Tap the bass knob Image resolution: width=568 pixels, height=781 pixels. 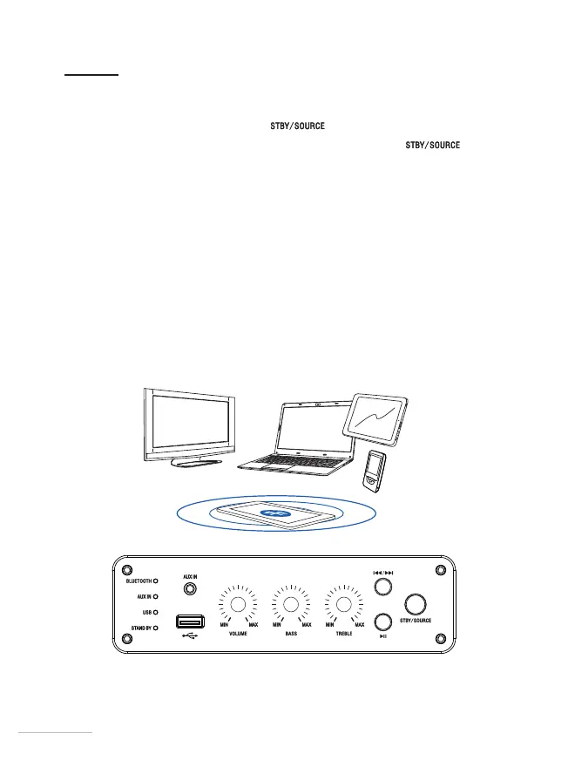point(291,605)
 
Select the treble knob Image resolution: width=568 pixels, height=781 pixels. point(344,605)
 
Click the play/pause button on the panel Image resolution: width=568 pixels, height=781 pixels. point(382,621)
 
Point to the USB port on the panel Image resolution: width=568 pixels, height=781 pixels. point(189,622)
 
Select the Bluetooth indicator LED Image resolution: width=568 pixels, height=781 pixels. point(156,580)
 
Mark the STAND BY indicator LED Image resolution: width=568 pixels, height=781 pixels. point(156,628)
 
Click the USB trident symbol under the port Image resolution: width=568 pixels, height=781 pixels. point(188,637)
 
